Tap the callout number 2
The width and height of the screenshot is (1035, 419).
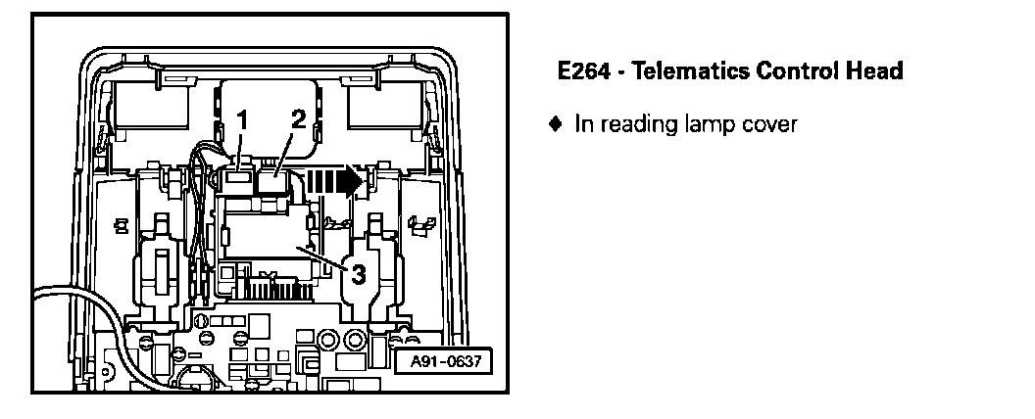298,118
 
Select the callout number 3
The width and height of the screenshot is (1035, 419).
358,275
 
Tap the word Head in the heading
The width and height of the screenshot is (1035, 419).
878,71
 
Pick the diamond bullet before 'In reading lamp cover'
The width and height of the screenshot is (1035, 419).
557,124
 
